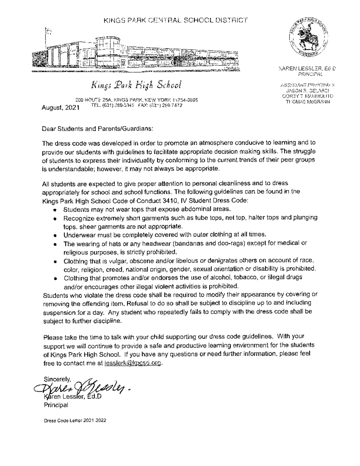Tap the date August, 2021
pyautogui.click(x=60, y=107)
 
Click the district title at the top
pyautogui.click(x=176, y=20)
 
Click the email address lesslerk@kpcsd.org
pyautogui.click(x=133, y=363)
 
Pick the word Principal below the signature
pyautogui.click(x=56, y=405)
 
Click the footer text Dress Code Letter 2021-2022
pyautogui.click(x=75, y=420)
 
